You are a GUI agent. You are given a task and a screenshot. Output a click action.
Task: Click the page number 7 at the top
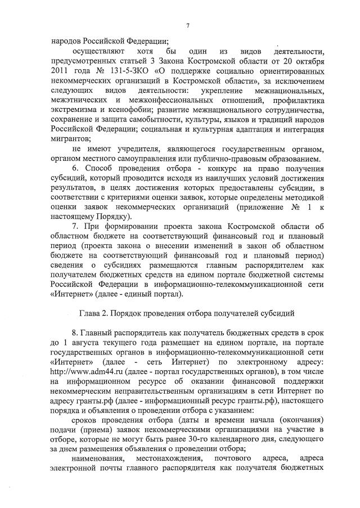pyautogui.click(x=187, y=26)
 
